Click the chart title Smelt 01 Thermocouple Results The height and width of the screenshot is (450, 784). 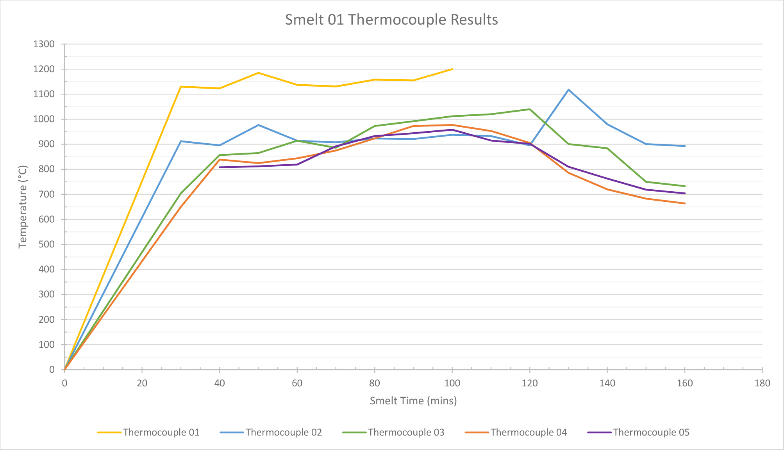click(391, 20)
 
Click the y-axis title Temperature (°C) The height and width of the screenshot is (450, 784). click(23, 207)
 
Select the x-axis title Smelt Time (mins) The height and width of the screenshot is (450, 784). click(413, 401)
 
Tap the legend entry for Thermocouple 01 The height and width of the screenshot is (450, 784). click(161, 432)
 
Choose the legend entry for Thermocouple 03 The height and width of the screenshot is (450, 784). click(406, 432)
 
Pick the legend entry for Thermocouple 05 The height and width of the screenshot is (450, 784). click(651, 432)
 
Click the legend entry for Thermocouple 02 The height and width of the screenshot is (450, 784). click(284, 432)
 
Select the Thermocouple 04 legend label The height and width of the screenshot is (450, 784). click(529, 432)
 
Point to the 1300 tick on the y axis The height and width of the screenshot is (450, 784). click(44, 44)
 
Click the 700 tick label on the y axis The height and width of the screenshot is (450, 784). click(46, 194)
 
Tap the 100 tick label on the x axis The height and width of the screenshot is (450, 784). click(452, 383)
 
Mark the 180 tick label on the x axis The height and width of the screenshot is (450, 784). click(762, 383)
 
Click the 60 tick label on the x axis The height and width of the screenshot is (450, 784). click(297, 383)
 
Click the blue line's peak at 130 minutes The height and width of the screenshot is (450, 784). click(568, 90)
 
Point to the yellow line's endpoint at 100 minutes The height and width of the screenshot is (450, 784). click(452, 69)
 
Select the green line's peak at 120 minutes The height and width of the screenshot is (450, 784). click(530, 109)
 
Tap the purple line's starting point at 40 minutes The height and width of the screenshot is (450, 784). click(220, 167)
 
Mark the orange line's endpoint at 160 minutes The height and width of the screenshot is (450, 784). click(684, 203)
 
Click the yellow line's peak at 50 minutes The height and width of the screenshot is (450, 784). click(258, 73)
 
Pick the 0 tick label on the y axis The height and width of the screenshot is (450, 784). click(52, 370)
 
